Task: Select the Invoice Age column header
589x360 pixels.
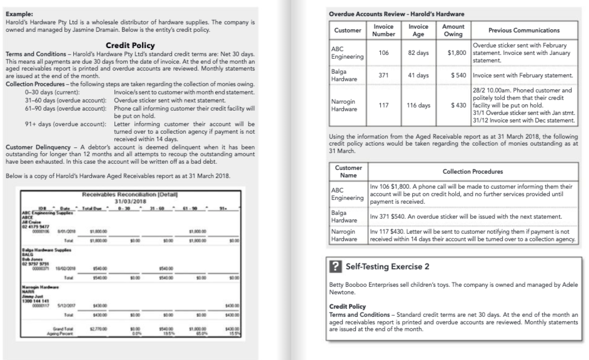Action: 418,30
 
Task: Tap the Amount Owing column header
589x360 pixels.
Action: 453,30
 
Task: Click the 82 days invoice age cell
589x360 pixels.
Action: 418,52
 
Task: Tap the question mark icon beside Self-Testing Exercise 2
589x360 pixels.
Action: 338,267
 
